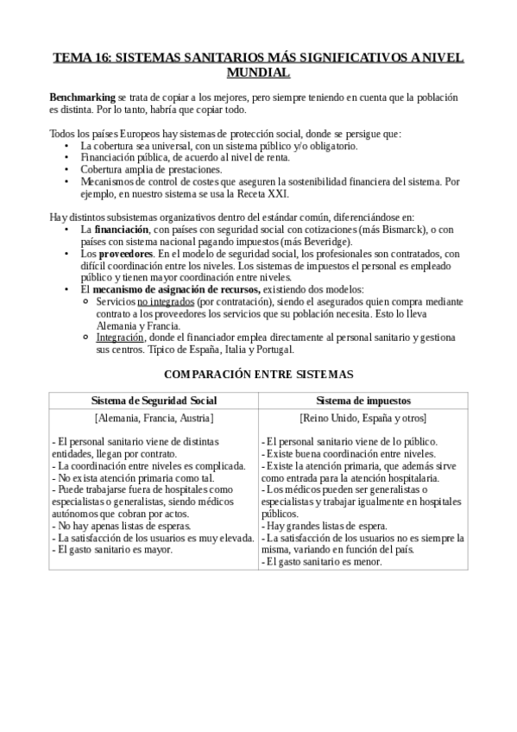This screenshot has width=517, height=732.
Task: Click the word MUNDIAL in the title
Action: [x=258, y=73]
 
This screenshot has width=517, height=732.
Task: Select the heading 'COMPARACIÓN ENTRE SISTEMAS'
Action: [x=258, y=375]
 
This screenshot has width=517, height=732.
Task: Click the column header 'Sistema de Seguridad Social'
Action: [x=154, y=401]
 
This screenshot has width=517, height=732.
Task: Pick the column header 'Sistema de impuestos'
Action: [x=363, y=401]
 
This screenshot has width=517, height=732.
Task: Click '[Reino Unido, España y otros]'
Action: [x=363, y=418]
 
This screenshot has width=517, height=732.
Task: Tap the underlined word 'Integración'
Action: [x=121, y=338]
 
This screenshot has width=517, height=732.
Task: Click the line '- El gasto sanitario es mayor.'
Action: [x=113, y=549]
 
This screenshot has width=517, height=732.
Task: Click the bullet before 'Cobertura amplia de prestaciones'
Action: [x=68, y=170]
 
